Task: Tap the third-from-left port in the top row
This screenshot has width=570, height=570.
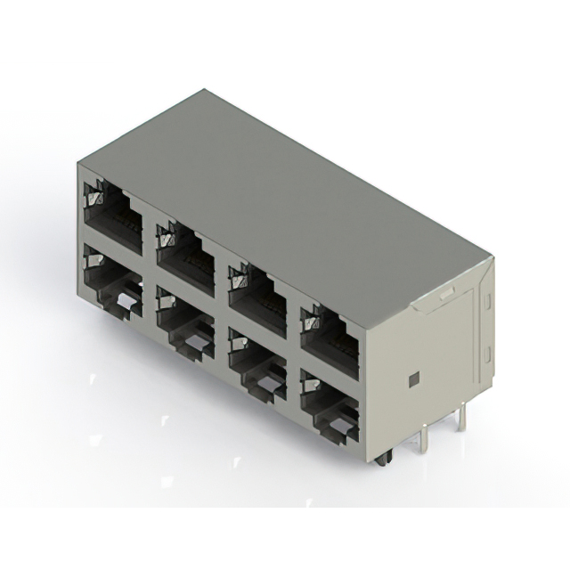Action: (x=257, y=297)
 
